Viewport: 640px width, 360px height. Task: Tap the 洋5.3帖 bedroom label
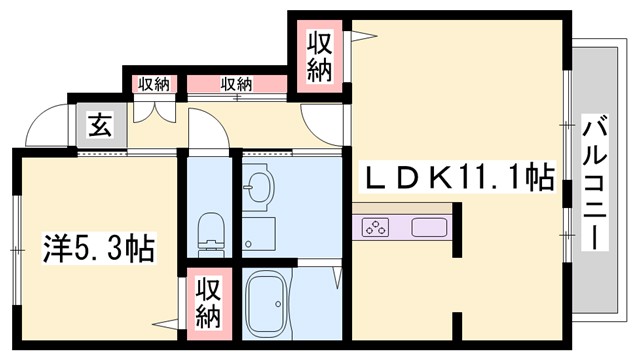[x=98, y=248]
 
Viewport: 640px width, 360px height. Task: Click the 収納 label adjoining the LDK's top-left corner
[x=320, y=56]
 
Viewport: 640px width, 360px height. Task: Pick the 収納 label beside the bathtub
[x=207, y=302]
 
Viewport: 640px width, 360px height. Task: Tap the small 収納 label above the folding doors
[x=153, y=83]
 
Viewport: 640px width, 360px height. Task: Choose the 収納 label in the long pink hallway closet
[x=236, y=83]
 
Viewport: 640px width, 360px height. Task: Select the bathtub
[x=268, y=301]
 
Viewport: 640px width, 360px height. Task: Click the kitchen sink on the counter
[x=427, y=227]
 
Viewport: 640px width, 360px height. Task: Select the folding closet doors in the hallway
[x=155, y=108]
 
